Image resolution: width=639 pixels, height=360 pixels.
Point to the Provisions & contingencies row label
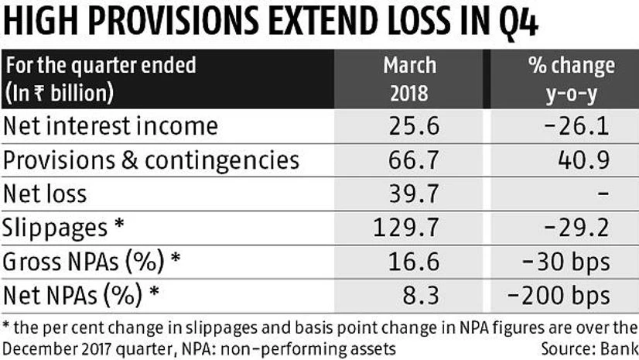tap(152, 160)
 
